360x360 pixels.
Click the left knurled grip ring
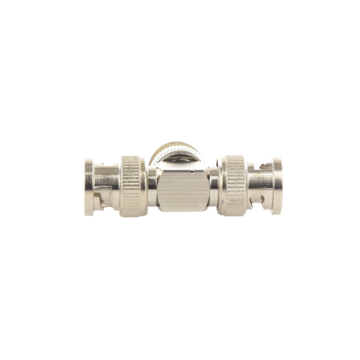point(131,179)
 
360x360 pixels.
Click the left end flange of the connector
point(88,179)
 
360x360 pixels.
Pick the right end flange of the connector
point(274,179)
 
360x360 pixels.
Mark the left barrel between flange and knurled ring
point(107,179)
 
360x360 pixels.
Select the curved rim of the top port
point(180,142)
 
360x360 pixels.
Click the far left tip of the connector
point(82,179)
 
